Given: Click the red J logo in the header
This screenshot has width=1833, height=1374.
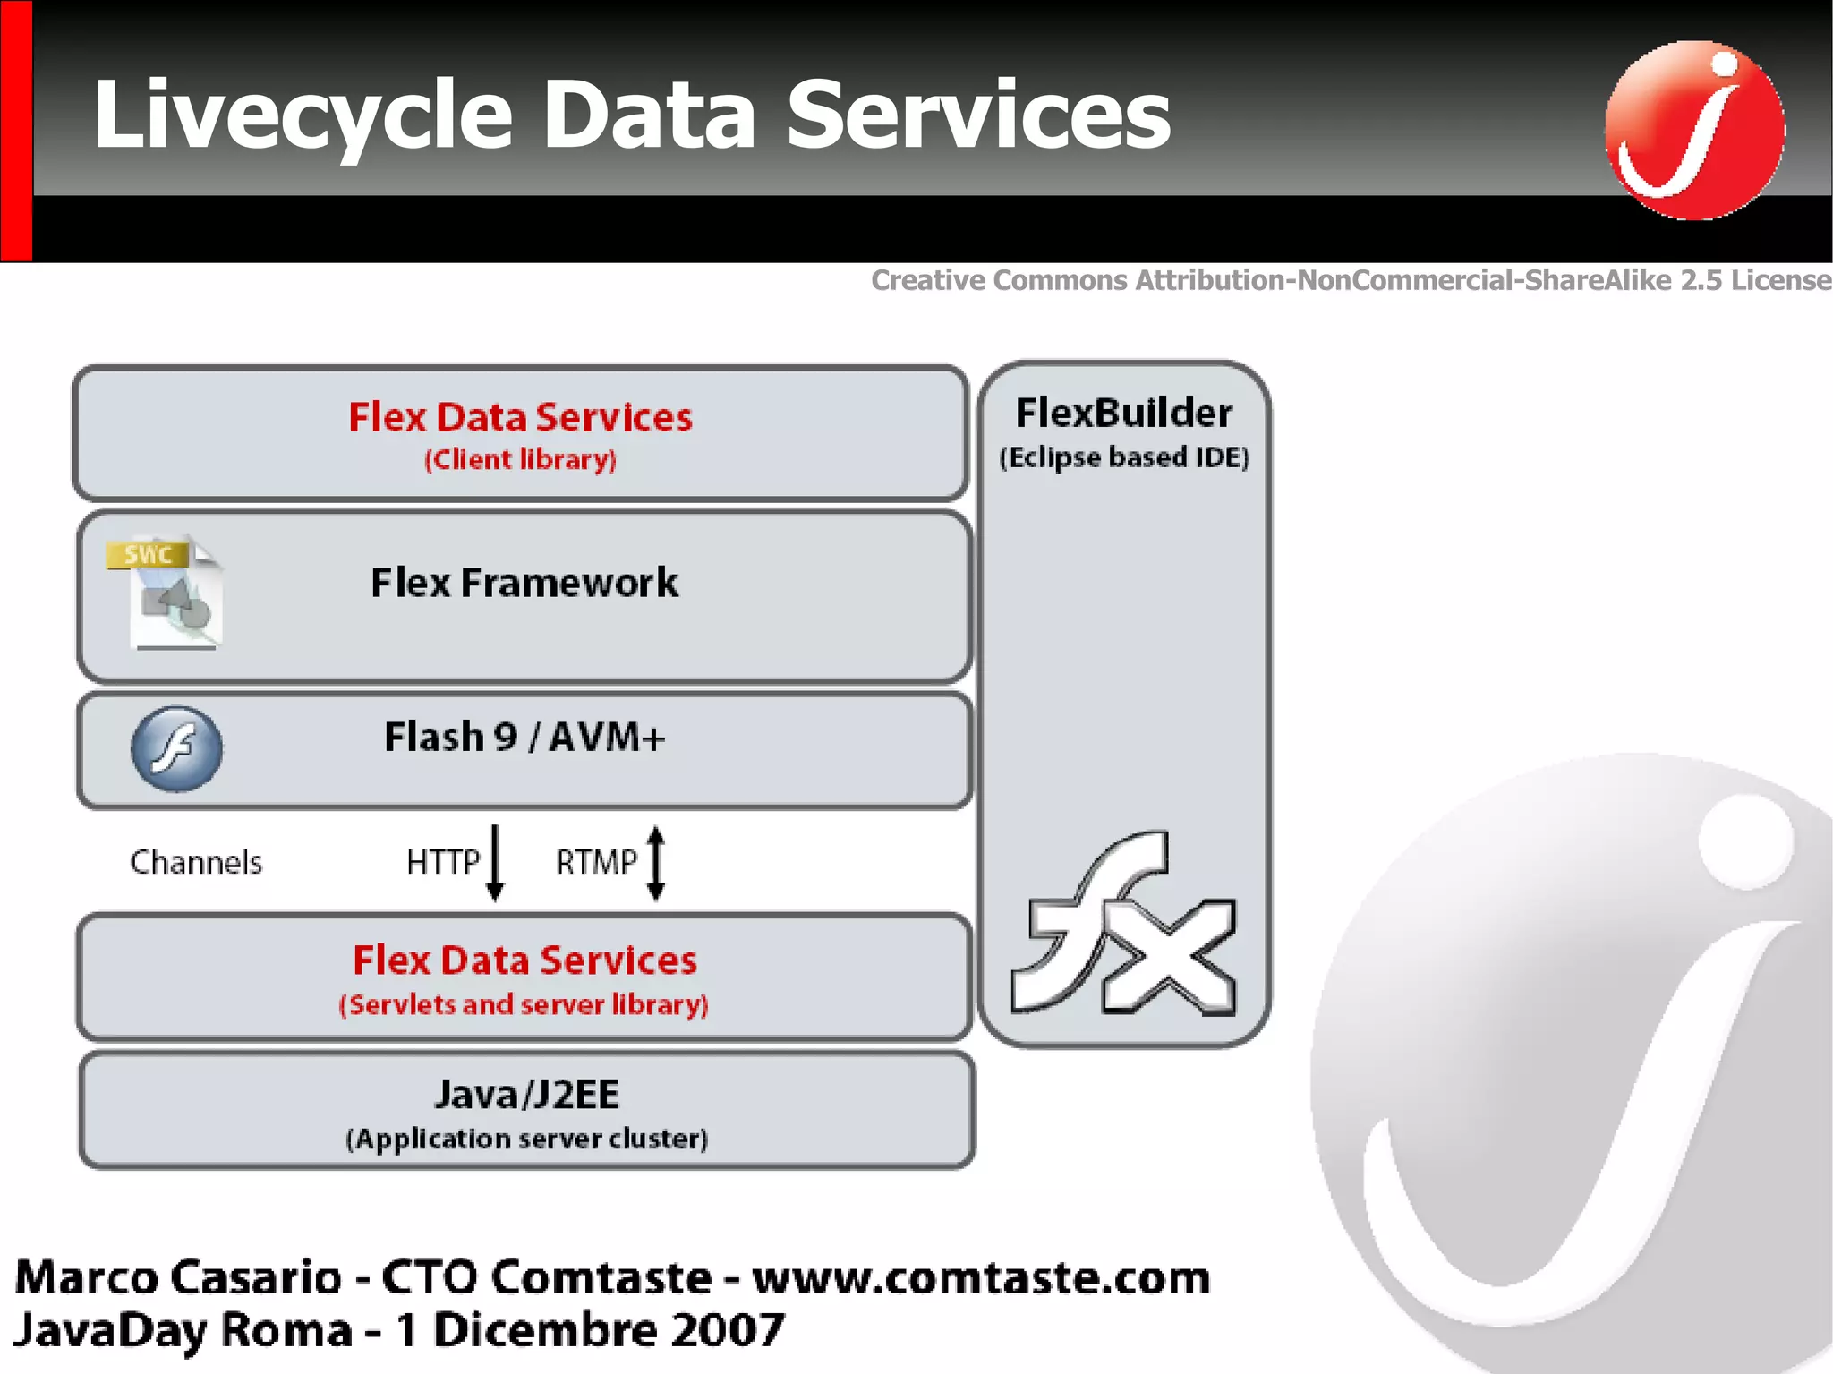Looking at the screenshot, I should [1694, 130].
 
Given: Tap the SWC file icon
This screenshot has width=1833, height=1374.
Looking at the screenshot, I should [165, 593].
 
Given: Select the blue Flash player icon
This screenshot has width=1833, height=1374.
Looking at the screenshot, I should [176, 749].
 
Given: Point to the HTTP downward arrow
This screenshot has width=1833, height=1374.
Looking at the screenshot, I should [495, 862].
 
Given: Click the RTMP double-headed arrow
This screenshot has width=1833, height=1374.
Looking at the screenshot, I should [655, 862].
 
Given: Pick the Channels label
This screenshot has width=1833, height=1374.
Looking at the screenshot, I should [196, 862].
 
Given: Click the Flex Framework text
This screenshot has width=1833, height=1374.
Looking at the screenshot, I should [524, 583].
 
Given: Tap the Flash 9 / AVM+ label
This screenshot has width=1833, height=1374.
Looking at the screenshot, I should [524, 738].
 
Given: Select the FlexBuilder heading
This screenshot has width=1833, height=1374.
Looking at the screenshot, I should [1123, 414].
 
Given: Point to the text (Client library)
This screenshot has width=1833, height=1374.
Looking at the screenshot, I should [520, 459].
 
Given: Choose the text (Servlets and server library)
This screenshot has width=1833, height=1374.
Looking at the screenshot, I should [524, 1004].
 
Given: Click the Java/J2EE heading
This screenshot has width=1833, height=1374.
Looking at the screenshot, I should [526, 1095].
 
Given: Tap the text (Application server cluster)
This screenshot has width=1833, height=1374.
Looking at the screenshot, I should [526, 1139].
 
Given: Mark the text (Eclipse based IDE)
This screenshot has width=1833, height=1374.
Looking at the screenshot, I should [1123, 457].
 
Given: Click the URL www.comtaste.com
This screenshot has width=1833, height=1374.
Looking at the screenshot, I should [981, 1277].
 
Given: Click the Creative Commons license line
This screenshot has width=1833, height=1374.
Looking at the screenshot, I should [1351, 280].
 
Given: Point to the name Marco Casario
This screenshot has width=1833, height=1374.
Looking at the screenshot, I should [178, 1277].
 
